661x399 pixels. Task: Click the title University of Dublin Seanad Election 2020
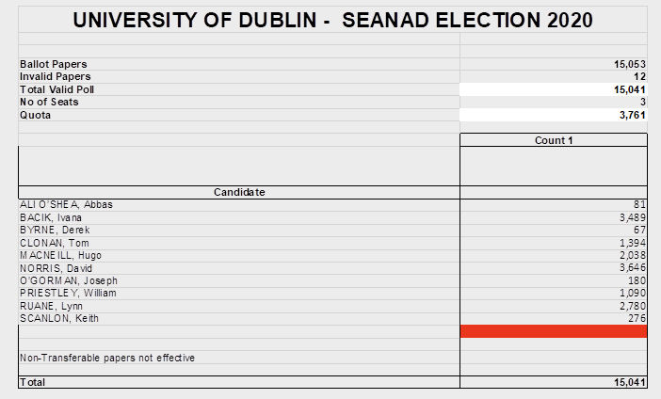coord(332,20)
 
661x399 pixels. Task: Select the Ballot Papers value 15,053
coord(628,64)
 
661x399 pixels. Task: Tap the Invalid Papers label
coord(56,76)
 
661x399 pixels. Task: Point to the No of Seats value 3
coord(642,102)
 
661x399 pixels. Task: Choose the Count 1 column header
coord(553,140)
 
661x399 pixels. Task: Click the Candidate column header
coord(239,192)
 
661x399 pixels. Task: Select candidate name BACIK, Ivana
coord(51,217)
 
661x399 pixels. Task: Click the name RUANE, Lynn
coord(49,306)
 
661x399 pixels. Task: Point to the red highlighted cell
coord(553,331)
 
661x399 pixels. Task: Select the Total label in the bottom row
coord(33,383)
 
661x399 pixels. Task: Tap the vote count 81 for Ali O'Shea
coord(637,204)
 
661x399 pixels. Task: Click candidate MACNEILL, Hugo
coord(60,255)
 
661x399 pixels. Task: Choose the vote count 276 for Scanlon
coord(635,319)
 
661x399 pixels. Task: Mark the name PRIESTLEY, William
coord(68,293)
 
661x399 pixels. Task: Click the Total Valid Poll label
coord(57,89)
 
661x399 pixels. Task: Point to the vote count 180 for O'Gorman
coord(635,280)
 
